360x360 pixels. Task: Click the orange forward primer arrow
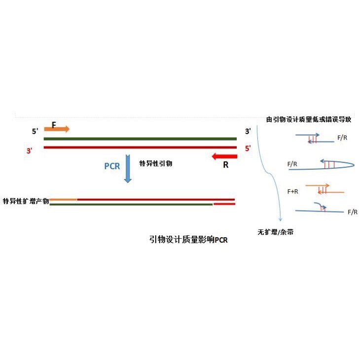[57, 129]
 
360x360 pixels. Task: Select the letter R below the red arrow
[225, 165]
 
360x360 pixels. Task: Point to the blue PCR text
[112, 166]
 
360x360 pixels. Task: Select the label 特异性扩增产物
[26, 201]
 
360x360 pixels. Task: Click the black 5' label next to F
[35, 132]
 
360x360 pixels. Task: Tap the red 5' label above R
[248, 147]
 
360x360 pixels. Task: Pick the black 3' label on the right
[248, 131]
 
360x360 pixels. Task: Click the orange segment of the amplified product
[63, 199]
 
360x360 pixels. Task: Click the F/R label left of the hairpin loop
[292, 163]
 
